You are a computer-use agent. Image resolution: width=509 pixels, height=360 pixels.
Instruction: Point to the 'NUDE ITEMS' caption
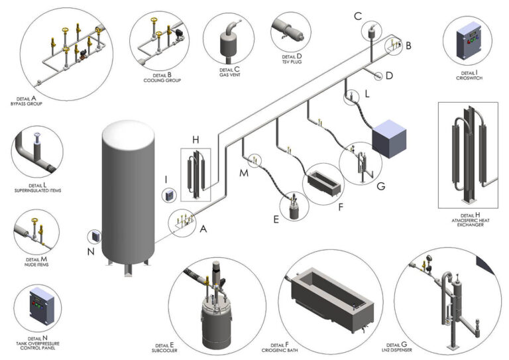click(x=36, y=265)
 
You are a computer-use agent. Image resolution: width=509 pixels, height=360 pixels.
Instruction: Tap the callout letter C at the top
click(x=357, y=15)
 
